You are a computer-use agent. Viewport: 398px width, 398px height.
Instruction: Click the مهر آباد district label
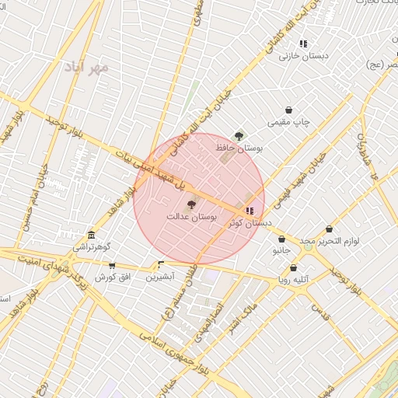coord(88,68)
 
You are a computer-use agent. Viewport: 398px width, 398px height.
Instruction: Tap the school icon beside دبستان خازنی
coord(303,44)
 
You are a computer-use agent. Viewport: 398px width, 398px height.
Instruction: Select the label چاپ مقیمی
coord(288,122)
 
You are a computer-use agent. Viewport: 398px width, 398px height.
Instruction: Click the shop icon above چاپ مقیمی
coord(289,110)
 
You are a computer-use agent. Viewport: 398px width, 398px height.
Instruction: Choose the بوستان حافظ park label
coord(243,147)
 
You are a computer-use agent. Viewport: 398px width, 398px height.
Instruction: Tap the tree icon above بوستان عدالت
coord(192,204)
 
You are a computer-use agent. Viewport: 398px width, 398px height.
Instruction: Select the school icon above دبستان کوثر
coord(249,211)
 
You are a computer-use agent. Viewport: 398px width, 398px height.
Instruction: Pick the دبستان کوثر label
coord(250,222)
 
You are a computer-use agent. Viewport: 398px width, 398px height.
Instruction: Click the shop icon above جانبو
coord(281,239)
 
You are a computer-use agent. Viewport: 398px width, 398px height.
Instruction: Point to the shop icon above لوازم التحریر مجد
coord(330,229)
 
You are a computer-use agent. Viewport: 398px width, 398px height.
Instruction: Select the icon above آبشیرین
coord(161,264)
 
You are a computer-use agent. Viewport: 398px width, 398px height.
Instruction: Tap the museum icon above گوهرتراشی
coord(92,236)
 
